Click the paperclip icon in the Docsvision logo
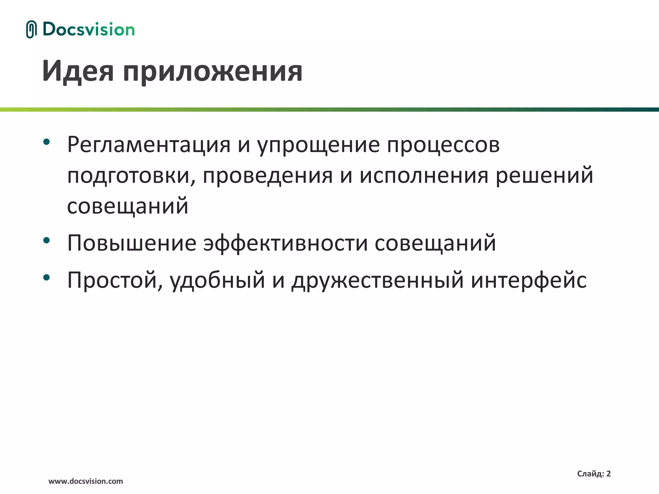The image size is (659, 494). tap(31, 29)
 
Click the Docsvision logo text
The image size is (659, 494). tap(88, 30)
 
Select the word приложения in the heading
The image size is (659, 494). tap(212, 72)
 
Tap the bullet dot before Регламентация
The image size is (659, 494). tap(47, 142)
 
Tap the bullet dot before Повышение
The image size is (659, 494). tap(47, 240)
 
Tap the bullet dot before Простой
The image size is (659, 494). tap(47, 277)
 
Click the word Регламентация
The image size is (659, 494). tap(149, 145)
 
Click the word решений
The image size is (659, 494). tap(544, 176)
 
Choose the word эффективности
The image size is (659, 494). tap(285, 244)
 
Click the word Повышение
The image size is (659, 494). tap(132, 243)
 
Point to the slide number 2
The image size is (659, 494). tap(608, 474)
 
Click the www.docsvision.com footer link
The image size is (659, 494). tap(86, 481)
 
